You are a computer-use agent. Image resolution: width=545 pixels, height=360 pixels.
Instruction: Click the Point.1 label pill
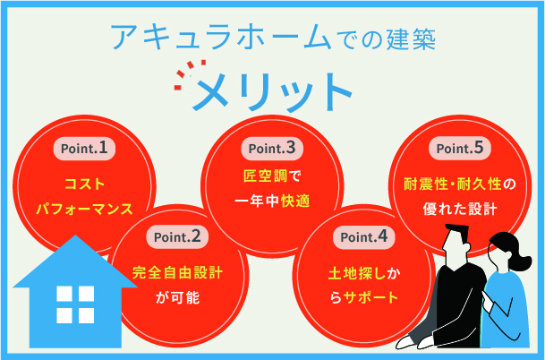coord(85,147)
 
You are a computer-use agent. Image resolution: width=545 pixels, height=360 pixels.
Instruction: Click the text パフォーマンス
coord(85,210)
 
